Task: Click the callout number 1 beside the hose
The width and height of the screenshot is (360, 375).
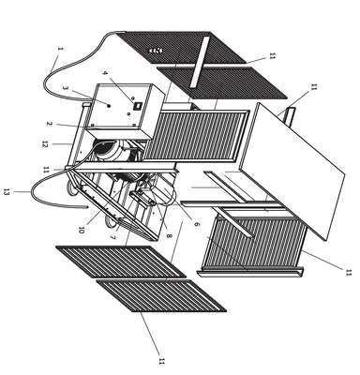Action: click(x=60, y=49)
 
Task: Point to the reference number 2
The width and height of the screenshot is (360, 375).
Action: click(x=49, y=124)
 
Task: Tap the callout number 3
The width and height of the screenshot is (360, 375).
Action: click(x=65, y=88)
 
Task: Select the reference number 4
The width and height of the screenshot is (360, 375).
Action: click(x=105, y=73)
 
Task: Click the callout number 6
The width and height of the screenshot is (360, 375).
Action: click(x=196, y=224)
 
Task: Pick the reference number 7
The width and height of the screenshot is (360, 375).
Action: click(x=112, y=237)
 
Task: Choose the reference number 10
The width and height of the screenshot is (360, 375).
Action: click(x=82, y=231)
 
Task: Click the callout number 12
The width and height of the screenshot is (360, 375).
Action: click(x=44, y=144)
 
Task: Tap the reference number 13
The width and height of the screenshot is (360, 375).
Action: click(x=6, y=192)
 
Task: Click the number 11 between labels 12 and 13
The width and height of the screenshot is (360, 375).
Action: click(x=46, y=170)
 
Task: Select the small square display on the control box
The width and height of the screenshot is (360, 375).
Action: click(x=137, y=106)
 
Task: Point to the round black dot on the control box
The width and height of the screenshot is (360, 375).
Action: click(x=109, y=106)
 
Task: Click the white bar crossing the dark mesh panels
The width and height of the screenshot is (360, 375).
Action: click(x=201, y=62)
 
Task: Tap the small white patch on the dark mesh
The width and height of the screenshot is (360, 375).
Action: click(x=156, y=51)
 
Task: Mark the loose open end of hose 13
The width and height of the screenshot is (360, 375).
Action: click(x=87, y=206)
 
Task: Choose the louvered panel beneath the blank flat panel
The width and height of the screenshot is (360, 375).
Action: click(x=253, y=244)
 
